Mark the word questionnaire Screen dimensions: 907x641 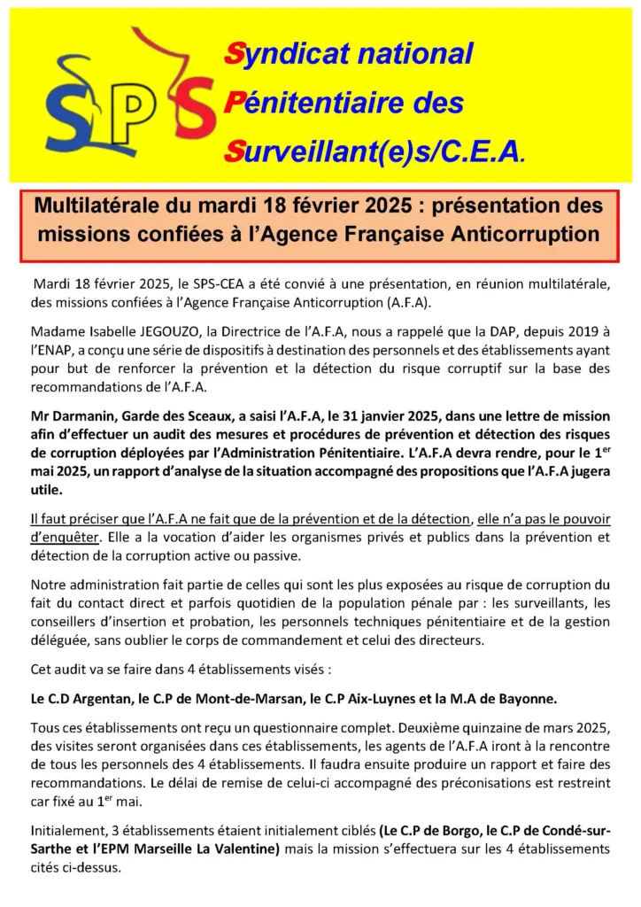291,728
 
